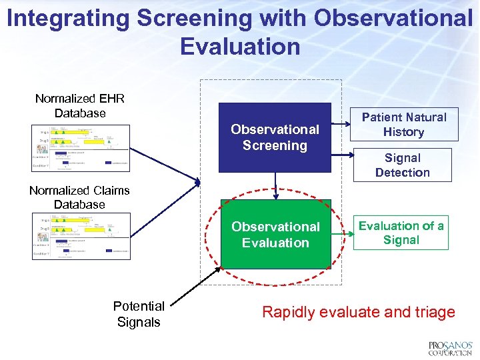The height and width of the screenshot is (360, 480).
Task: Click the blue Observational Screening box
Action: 275,137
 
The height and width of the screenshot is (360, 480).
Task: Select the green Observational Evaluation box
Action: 275,235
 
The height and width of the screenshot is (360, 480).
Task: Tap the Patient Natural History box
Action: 404,125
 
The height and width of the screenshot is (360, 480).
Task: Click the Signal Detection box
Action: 402,165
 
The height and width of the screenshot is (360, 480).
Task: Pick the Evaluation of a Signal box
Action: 401,233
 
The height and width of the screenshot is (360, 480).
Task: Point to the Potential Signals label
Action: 139,314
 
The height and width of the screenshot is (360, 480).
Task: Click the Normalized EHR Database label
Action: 80,106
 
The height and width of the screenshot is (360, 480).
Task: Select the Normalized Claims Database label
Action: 79,197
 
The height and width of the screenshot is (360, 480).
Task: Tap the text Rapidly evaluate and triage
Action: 359,312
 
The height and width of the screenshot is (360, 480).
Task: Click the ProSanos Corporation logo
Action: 450,348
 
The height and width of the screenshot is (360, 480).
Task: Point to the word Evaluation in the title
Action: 240,47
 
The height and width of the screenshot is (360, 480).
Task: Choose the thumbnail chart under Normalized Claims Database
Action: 81,236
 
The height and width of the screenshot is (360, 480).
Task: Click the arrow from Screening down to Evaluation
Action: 275,186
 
